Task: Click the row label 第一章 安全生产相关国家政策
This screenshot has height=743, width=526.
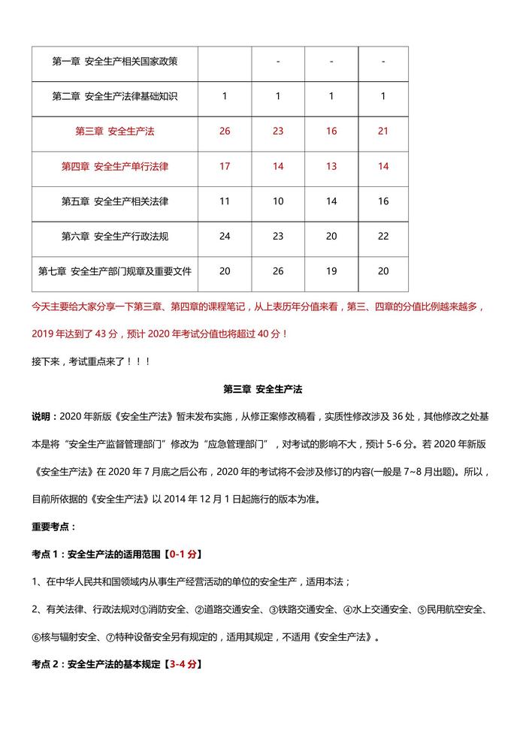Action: point(114,62)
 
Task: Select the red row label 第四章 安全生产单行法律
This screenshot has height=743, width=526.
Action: point(114,166)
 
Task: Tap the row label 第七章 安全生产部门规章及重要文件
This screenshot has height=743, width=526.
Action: point(114,271)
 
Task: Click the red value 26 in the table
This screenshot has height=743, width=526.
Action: point(225,131)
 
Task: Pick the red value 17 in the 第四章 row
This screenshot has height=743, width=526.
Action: point(225,166)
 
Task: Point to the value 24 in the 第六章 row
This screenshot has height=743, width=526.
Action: point(225,236)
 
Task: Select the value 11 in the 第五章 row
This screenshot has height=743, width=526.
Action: point(225,201)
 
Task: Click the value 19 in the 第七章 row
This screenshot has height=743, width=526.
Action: point(331,271)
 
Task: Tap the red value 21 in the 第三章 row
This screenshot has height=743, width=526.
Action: point(383,131)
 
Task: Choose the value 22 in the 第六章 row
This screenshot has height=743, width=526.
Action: point(383,236)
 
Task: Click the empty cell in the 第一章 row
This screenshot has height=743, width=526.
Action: point(225,62)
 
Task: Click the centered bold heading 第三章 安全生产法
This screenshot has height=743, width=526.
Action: point(262,389)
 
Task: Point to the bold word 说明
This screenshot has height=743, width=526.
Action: point(42,417)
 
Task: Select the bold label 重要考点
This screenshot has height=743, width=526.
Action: point(53,527)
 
